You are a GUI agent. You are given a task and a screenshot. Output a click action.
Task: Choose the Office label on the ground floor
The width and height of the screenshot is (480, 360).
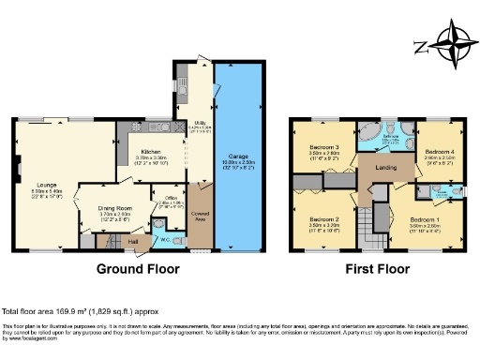[x=171, y=197]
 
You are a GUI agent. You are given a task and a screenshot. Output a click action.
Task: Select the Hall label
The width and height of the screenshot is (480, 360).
[x=133, y=241]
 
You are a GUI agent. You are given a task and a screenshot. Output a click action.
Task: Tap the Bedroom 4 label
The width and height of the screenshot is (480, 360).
[x=439, y=152]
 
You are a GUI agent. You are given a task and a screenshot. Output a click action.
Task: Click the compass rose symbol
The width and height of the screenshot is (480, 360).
[x=457, y=48]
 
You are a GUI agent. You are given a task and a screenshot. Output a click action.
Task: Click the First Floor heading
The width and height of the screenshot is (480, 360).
[x=378, y=268]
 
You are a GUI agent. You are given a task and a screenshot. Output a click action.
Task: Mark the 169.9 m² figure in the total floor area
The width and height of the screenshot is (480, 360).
[x=88, y=310]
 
